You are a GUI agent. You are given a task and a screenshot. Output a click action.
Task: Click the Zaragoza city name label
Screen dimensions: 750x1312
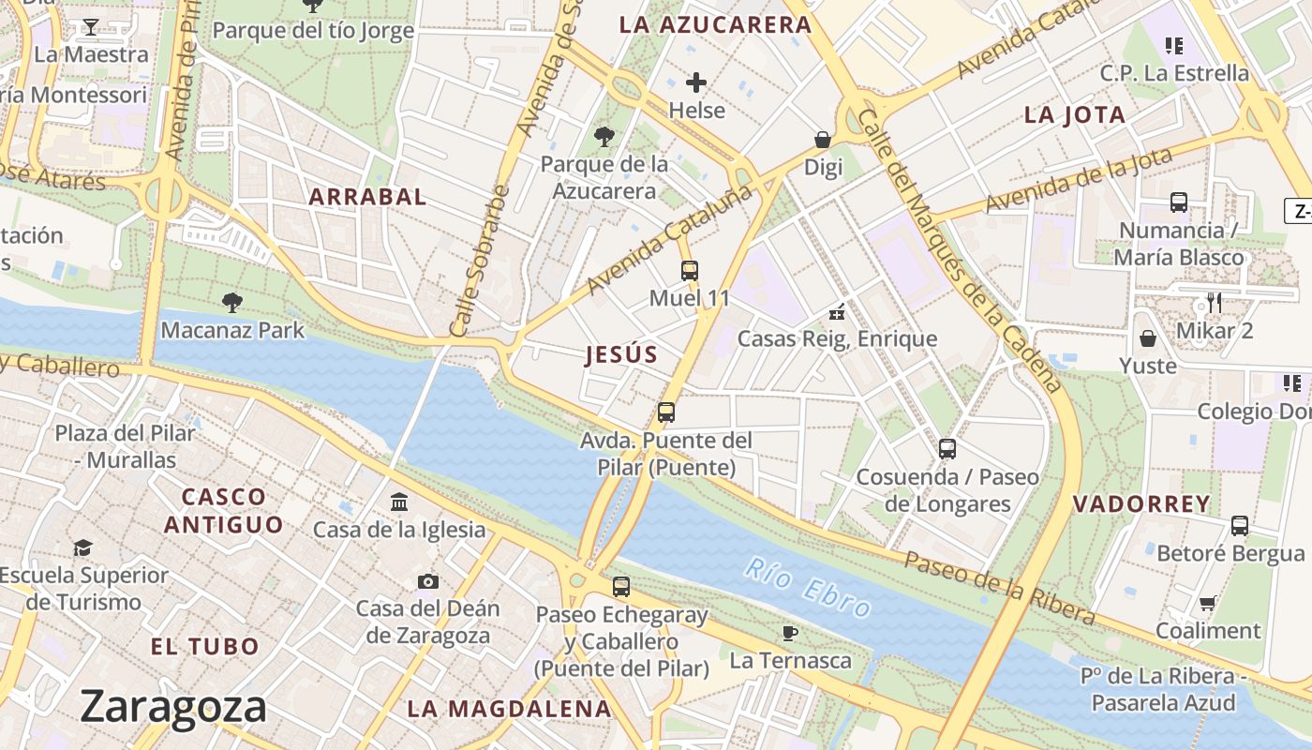pyautogui.click(x=173, y=706)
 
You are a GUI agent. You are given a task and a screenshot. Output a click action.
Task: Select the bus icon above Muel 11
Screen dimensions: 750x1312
pyautogui.click(x=690, y=271)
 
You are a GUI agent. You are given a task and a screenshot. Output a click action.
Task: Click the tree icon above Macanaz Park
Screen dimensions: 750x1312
pyautogui.click(x=231, y=302)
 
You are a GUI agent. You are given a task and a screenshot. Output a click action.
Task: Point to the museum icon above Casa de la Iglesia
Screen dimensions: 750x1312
pyautogui.click(x=399, y=502)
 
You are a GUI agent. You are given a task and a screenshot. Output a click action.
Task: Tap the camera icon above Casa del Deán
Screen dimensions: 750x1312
pyautogui.click(x=428, y=581)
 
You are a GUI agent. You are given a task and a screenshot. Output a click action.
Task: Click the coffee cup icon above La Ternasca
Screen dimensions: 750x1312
pyautogui.click(x=790, y=633)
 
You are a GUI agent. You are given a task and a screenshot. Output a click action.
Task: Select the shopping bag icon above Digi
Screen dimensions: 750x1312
pyautogui.click(x=823, y=140)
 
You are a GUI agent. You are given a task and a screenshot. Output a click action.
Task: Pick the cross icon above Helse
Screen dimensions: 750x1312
pyautogui.click(x=696, y=82)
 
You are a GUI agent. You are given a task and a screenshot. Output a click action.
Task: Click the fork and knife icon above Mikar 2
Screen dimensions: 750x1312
pyautogui.click(x=1214, y=302)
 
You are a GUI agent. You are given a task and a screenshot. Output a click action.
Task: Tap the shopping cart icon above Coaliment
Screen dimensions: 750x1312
pyautogui.click(x=1207, y=603)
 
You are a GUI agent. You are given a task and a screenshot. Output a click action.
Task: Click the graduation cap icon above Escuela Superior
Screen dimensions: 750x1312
pyautogui.click(x=83, y=547)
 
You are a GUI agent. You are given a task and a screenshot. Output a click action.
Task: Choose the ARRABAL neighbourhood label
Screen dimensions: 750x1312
pyautogui.click(x=367, y=197)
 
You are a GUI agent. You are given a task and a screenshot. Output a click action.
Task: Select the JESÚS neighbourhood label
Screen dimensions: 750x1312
pyautogui.click(x=621, y=354)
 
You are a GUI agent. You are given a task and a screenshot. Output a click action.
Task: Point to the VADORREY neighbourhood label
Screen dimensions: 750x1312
pyautogui.click(x=1141, y=503)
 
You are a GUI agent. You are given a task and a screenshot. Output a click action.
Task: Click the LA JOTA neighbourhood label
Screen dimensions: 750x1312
pyautogui.click(x=1075, y=115)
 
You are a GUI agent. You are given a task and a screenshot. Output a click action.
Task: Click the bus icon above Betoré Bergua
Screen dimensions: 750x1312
pyautogui.click(x=1240, y=526)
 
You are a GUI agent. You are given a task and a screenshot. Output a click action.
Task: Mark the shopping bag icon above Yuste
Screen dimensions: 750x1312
pyautogui.click(x=1147, y=338)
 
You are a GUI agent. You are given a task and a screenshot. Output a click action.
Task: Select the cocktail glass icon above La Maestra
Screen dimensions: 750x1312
pyautogui.click(x=90, y=26)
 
